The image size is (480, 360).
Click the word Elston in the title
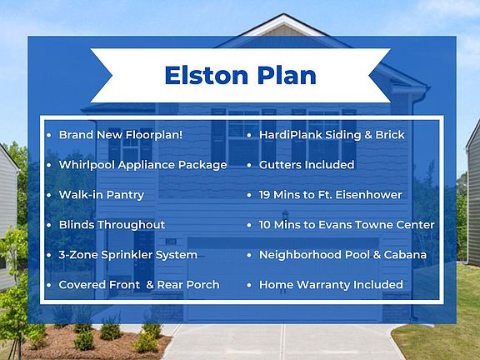[x=207, y=75]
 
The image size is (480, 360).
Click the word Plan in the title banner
[x=287, y=75]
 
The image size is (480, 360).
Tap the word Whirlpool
[x=87, y=165]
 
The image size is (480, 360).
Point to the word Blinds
[x=77, y=225]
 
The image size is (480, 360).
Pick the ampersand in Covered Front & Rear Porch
[x=150, y=285]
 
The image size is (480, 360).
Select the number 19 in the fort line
[x=264, y=195]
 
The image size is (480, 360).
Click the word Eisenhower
[x=368, y=195]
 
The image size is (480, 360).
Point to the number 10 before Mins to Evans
[x=265, y=225]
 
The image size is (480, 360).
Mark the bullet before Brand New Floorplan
[x=49, y=135]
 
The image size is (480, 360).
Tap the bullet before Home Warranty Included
[x=249, y=285]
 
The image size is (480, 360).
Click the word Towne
[x=373, y=225]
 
